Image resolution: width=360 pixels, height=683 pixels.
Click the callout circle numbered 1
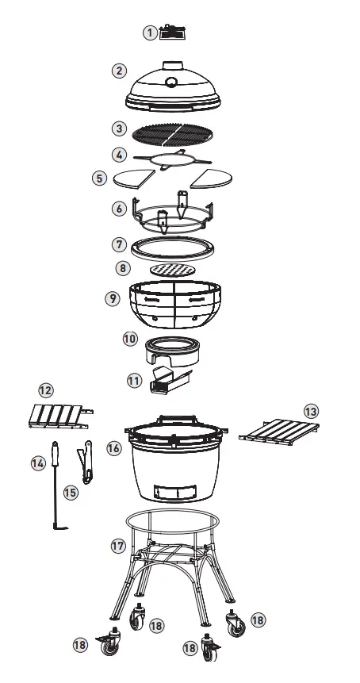[x=150, y=33]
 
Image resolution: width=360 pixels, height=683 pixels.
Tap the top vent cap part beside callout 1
[x=172, y=33]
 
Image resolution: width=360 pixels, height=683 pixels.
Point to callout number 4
[x=120, y=154]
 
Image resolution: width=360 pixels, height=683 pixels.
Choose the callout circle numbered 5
[x=99, y=178]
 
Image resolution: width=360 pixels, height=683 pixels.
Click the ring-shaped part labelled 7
[x=174, y=247]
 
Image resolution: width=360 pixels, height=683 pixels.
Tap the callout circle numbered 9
[x=112, y=299]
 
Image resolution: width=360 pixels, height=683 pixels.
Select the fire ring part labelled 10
[x=173, y=349]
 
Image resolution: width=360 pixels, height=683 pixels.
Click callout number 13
[x=311, y=411]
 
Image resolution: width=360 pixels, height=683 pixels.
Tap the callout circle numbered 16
[x=113, y=448]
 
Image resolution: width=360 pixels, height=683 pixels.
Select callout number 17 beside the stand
[x=118, y=546]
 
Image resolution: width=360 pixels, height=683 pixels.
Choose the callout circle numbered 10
[x=130, y=338]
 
